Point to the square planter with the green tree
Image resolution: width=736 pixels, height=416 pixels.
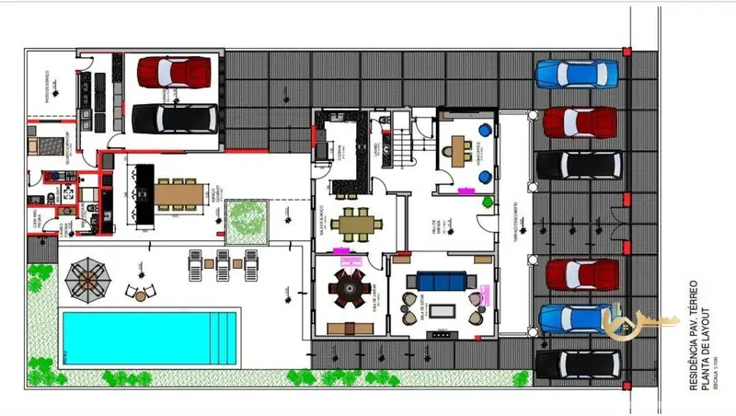tap(245, 218)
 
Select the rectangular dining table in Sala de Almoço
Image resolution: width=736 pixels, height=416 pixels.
tap(354, 224)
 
